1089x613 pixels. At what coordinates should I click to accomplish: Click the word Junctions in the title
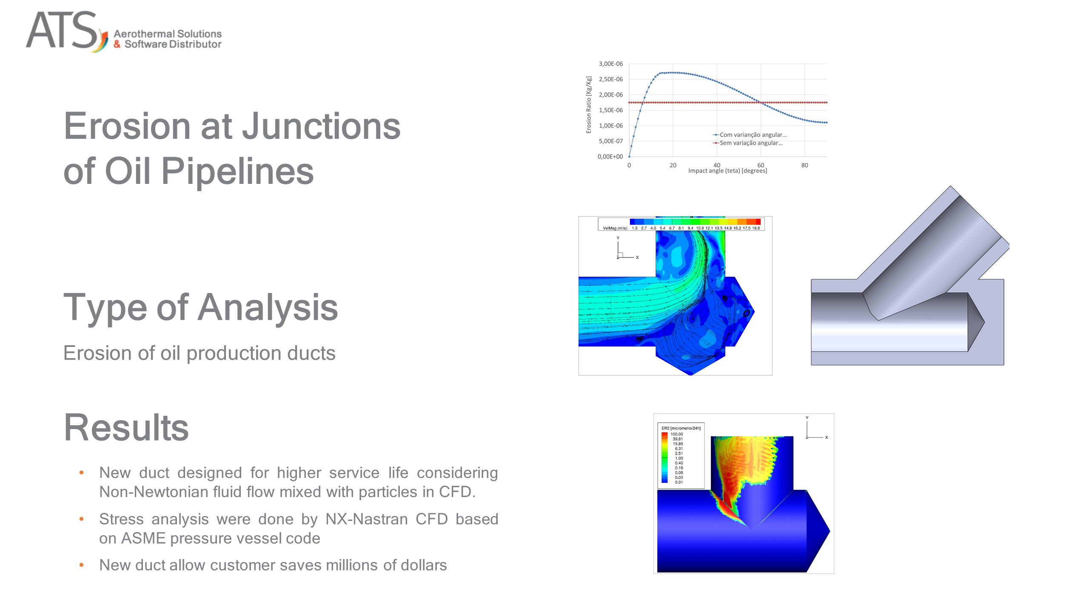(x=321, y=126)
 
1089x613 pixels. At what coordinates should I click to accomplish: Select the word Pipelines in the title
(x=237, y=171)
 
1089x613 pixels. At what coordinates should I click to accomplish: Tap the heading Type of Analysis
(x=200, y=307)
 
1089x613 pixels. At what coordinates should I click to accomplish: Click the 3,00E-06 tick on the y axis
(x=610, y=64)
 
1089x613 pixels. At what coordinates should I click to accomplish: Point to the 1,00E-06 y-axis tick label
(x=610, y=126)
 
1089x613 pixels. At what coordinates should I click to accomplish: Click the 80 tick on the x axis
(x=804, y=165)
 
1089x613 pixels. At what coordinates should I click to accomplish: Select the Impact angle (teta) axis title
(x=727, y=171)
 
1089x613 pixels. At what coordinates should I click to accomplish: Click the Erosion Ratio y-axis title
(x=589, y=105)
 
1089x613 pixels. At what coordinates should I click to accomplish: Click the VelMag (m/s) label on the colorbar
(x=615, y=228)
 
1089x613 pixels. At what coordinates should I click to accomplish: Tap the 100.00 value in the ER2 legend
(x=676, y=434)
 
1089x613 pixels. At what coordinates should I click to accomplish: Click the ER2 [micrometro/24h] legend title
(x=681, y=428)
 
